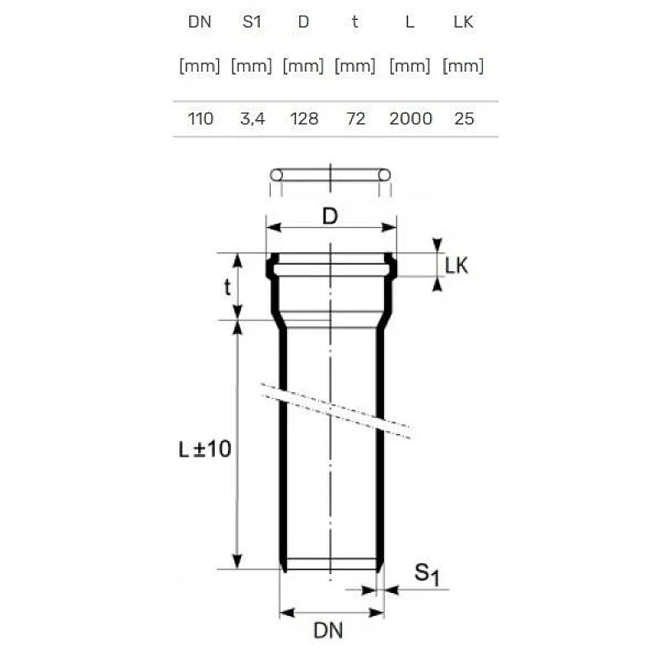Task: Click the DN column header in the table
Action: click(200, 22)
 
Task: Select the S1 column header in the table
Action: click(252, 22)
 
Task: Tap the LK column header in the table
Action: click(464, 22)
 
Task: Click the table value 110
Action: click(200, 118)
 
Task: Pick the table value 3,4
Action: click(252, 118)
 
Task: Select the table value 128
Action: click(304, 118)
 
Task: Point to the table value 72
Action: click(355, 118)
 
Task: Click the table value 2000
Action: click(410, 118)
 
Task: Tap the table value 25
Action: click(464, 118)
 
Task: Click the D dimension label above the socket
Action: click(329, 216)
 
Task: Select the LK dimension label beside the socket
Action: click(456, 266)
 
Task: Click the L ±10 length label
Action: click(206, 449)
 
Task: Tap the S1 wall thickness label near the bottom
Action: click(426, 574)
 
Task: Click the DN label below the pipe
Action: click(328, 632)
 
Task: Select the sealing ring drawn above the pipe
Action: click(329, 174)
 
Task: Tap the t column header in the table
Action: click(355, 22)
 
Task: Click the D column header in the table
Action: click(304, 22)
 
